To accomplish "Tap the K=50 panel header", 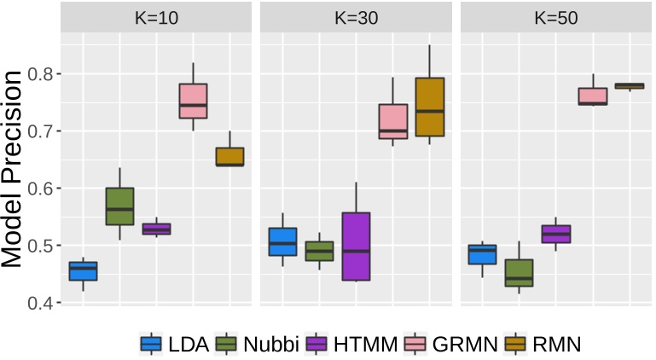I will (x=557, y=17).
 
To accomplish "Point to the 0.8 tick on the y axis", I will (x=38, y=74).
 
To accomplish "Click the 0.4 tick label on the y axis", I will (x=38, y=303).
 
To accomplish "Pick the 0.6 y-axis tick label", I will (x=38, y=189).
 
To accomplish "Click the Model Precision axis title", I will (x=13, y=170).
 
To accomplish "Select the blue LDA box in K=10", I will (x=83, y=270).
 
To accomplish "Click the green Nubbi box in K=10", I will (x=119, y=206).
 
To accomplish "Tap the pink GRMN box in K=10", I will (x=194, y=101).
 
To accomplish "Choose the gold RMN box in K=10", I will (x=229, y=156).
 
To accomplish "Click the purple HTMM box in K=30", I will (x=356, y=246).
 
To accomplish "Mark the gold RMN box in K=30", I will (x=429, y=107).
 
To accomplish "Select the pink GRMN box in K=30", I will (x=392, y=121).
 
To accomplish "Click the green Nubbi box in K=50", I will (x=520, y=273).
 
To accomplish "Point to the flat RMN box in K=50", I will (x=630, y=85).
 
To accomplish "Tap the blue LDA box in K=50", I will (x=482, y=254).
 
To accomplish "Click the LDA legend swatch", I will (x=152, y=344).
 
